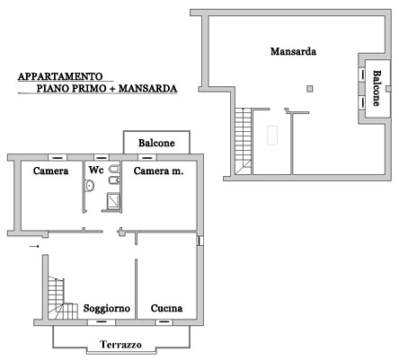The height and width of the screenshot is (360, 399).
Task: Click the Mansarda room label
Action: (x=293, y=51)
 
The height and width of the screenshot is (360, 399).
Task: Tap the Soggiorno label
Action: (x=107, y=309)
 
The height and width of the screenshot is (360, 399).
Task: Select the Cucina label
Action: (x=166, y=308)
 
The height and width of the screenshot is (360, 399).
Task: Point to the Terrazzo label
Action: (x=120, y=345)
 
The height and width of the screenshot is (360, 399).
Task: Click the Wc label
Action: (x=96, y=170)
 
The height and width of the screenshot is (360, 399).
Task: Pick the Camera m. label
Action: (x=158, y=171)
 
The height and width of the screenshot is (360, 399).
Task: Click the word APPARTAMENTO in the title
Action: (x=60, y=76)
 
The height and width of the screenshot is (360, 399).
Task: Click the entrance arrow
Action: (x=34, y=246)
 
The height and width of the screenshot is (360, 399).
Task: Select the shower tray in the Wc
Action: (x=114, y=201)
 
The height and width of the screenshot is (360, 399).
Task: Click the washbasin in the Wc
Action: (x=89, y=186)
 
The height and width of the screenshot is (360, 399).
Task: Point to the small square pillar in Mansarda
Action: (x=310, y=88)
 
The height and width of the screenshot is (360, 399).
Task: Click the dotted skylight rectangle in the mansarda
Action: (x=272, y=136)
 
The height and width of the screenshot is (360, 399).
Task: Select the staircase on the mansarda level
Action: (x=243, y=141)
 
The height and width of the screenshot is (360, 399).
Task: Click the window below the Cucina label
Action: (x=164, y=322)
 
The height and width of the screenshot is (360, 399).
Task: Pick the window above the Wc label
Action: (x=102, y=157)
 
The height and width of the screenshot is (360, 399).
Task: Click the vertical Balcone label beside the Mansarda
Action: (x=377, y=88)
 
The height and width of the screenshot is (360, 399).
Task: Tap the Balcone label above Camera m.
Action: (x=156, y=143)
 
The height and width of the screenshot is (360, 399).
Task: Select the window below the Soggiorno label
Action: (x=102, y=322)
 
